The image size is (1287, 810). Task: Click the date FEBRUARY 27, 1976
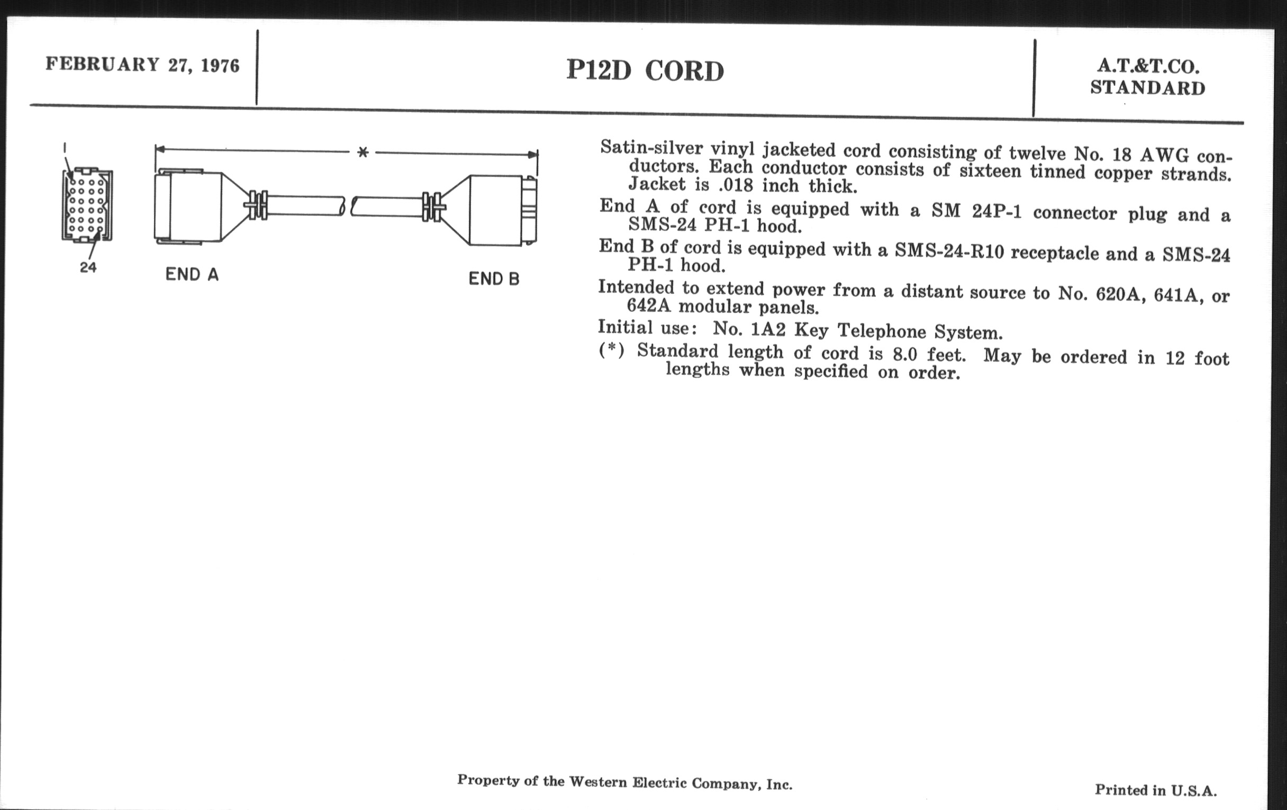coord(143,65)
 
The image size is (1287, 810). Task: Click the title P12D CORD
coord(645,70)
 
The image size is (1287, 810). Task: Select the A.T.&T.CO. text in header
coord(1148,66)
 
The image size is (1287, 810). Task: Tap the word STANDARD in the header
coord(1148,88)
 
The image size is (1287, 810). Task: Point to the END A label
coord(192,274)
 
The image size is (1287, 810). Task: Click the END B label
coord(494,278)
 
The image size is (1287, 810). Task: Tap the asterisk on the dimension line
coord(363,152)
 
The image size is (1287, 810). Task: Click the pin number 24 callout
coord(88,267)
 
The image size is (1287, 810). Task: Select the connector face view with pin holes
coord(87,205)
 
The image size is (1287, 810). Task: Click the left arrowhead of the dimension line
coord(160,149)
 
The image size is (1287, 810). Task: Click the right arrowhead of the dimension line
coord(533,155)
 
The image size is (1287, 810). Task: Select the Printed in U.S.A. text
coord(1156,790)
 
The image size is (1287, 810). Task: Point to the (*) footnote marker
coord(611,350)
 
